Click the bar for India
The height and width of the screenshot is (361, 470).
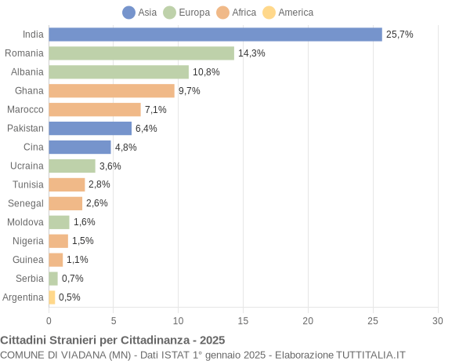click(215, 35)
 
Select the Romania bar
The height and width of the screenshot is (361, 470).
click(141, 53)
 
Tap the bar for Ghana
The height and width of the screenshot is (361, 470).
click(111, 91)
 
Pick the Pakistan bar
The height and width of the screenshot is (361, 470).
click(90, 128)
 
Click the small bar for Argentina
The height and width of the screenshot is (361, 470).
click(52, 297)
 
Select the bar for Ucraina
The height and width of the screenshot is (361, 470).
click(72, 166)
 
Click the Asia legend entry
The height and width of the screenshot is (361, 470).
click(139, 13)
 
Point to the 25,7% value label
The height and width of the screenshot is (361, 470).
click(399, 35)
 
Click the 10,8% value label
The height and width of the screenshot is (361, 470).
click(206, 72)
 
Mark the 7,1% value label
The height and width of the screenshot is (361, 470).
click(156, 110)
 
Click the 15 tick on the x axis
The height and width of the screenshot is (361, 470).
click(243, 320)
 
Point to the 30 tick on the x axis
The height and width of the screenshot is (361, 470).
click(438, 320)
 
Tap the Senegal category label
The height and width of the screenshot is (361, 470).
click(26, 203)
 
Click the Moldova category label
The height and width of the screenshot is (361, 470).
click(25, 222)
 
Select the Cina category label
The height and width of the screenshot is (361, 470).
click(34, 147)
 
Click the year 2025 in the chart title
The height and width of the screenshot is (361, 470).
click(211, 340)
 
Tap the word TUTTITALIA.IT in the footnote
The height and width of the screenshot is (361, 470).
click(368, 355)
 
